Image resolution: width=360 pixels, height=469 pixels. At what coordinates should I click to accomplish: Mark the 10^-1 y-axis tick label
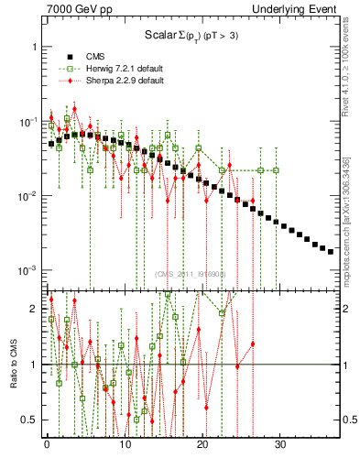(27, 122)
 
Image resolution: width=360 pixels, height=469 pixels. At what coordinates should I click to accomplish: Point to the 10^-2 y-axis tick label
(27, 196)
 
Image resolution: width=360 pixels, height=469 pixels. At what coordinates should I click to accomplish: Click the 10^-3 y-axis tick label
(27, 271)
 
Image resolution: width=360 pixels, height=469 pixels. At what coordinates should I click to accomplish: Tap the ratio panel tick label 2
(33, 309)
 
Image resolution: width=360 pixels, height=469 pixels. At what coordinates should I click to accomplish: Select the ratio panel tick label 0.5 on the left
(29, 420)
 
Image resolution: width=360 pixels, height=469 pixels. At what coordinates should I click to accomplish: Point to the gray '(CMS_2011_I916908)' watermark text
(188, 273)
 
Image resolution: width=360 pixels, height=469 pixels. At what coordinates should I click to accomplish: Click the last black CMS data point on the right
(331, 251)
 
